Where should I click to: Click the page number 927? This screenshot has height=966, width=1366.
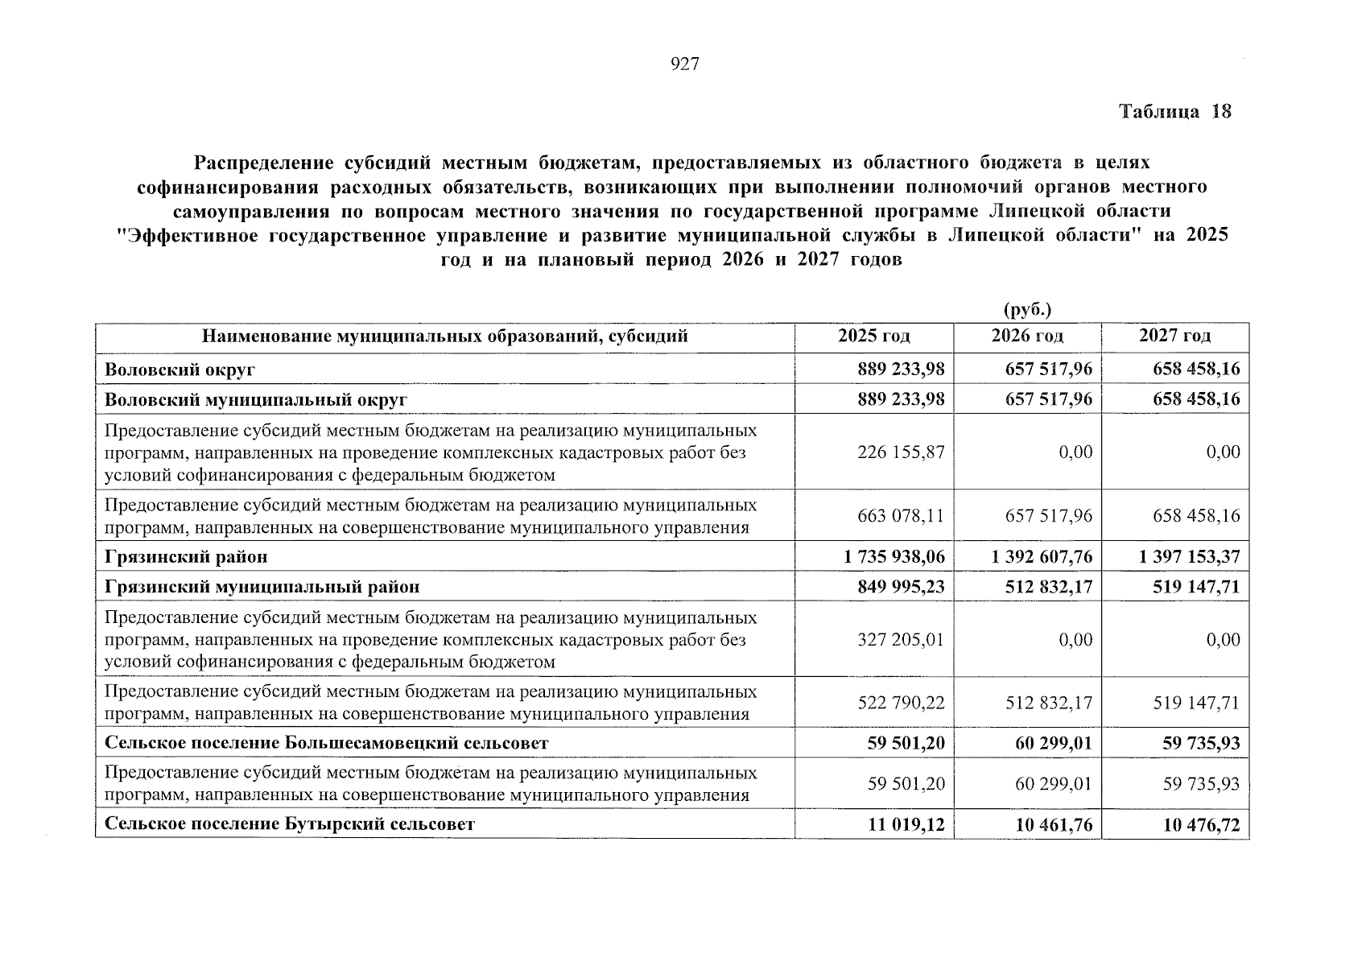(x=684, y=64)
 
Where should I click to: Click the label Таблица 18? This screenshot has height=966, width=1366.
(x=1174, y=112)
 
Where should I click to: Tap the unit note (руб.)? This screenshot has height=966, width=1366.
(x=1028, y=310)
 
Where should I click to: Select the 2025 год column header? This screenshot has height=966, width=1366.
(x=873, y=336)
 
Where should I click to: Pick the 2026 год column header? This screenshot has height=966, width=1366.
(x=1027, y=336)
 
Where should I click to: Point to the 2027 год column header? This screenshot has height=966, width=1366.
(x=1174, y=336)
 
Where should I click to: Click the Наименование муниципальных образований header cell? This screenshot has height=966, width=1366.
(x=444, y=336)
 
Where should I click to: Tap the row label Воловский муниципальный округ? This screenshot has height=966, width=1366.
(x=256, y=400)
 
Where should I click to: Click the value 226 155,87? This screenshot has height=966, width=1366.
(x=901, y=452)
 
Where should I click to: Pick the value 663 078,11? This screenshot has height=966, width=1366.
(x=901, y=516)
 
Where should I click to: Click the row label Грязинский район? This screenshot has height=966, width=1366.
(x=186, y=557)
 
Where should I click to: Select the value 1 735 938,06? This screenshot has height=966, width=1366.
(x=893, y=557)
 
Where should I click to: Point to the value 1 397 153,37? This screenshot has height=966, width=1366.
(x=1190, y=557)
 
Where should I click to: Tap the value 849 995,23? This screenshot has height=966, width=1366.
(x=901, y=587)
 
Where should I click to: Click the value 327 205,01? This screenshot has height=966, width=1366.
(x=901, y=640)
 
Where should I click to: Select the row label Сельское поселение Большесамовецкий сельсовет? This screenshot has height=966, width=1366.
(x=327, y=743)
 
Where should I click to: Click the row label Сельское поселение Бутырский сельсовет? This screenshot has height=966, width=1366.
(x=290, y=824)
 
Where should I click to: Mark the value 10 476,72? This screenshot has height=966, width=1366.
(x=1201, y=824)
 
